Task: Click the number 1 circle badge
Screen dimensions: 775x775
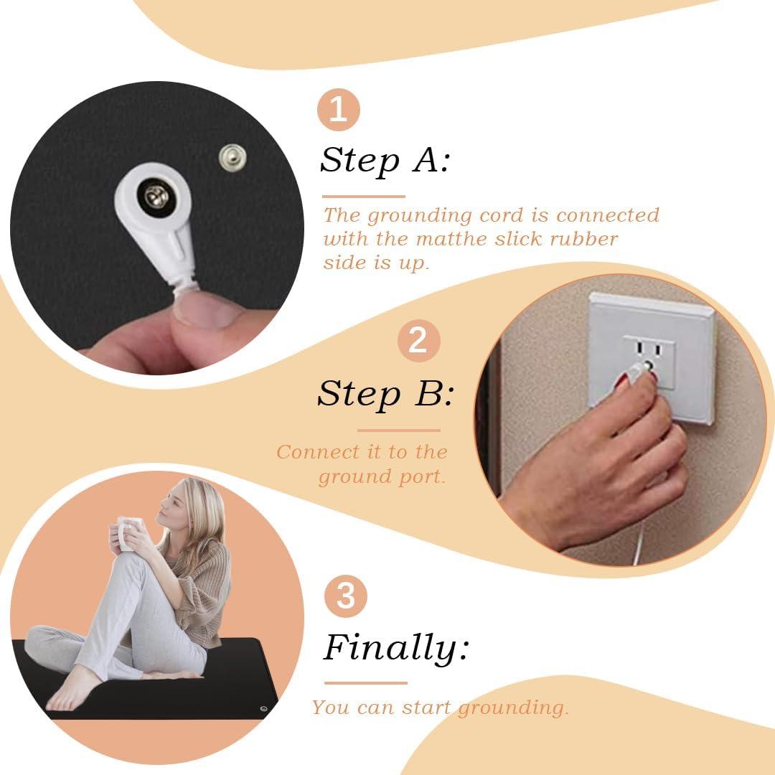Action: coord(339,109)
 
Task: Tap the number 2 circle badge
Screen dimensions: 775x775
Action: coord(418,341)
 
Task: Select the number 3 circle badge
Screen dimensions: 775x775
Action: coord(345,596)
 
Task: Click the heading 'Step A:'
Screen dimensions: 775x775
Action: coord(385,161)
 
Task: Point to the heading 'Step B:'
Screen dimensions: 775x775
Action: coord(385,394)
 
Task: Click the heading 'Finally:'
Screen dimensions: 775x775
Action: coord(396,648)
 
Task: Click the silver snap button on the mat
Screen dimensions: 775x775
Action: coord(232,158)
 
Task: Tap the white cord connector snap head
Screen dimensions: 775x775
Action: coord(155,198)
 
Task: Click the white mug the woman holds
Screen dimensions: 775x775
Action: coord(128,532)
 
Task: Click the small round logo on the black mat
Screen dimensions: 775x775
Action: coord(263,709)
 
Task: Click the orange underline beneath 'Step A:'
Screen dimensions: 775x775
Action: coord(364,196)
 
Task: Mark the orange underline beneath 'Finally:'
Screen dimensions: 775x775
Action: coord(366,683)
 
